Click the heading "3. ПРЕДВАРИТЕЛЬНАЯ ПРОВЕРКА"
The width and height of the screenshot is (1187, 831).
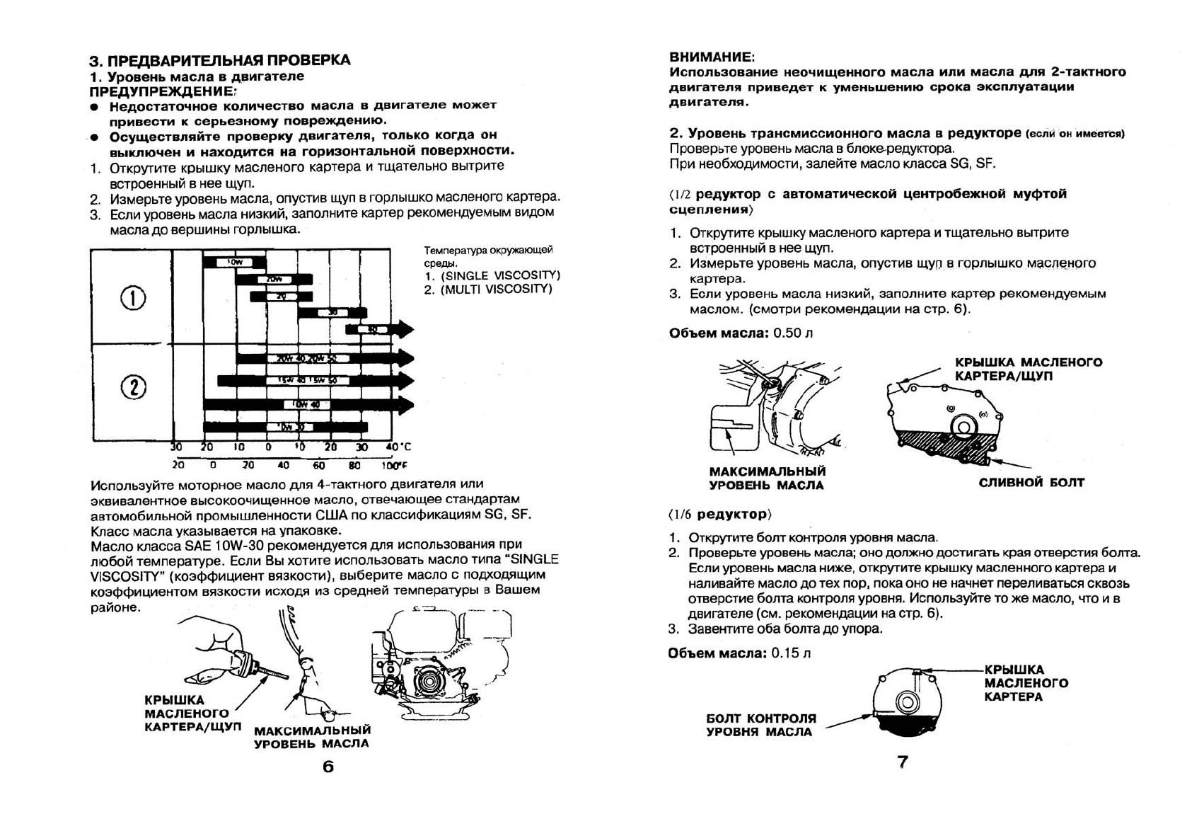coord(219,59)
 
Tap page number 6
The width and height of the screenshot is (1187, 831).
coord(328,767)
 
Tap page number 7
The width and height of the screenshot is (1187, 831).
coord(903,762)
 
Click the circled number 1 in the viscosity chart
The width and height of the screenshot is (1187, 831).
coord(133,298)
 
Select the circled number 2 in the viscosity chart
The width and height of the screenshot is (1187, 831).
coord(133,387)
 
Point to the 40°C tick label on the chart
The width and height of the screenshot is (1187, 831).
coord(398,447)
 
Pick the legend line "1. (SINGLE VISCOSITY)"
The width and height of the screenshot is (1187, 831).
coord(492,275)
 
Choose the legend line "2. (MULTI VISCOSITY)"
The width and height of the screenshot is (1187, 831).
coord(487,289)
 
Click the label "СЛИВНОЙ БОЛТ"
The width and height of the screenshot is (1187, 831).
coord(1031,483)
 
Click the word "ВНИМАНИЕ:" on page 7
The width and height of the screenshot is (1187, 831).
coord(712,57)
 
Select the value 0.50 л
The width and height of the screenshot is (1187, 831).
coord(793,333)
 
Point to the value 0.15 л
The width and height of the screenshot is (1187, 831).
coord(792,653)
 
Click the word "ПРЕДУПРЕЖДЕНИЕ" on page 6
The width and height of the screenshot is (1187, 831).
coord(162,91)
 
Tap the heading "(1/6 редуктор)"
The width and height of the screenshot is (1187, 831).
coord(719,514)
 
